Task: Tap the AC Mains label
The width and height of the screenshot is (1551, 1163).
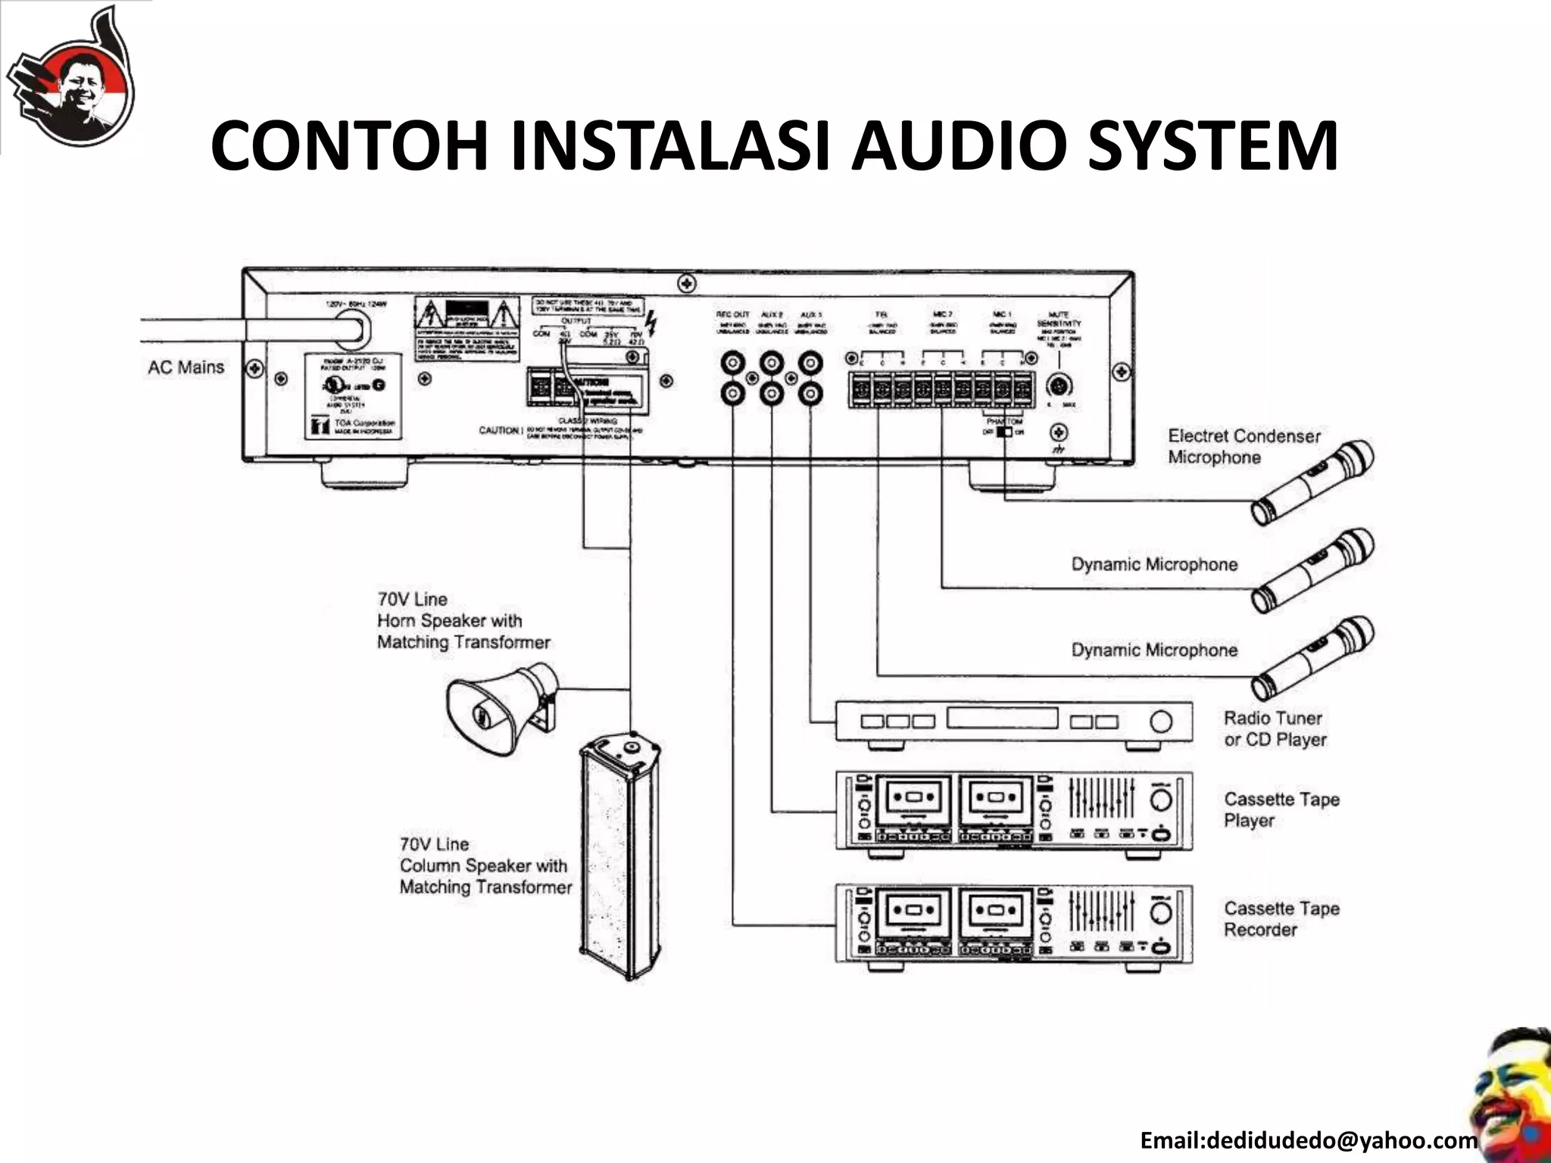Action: click(186, 368)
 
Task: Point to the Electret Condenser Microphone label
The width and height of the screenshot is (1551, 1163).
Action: click(1243, 447)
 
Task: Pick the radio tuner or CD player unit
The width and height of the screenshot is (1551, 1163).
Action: click(1013, 722)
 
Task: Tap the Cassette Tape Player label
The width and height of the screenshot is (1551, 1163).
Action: click(1281, 810)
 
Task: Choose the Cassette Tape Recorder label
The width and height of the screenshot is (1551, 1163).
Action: click(1281, 919)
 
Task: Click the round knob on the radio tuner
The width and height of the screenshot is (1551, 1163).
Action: click(1160, 721)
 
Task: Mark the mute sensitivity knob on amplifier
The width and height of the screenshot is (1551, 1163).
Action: click(1058, 386)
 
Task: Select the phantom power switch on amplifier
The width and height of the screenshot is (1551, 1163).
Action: click(1004, 432)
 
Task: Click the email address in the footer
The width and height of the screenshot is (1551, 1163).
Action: click(1308, 1140)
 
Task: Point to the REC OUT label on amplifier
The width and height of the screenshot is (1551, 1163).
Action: click(732, 314)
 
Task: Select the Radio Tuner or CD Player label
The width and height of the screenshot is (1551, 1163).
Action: click(1275, 728)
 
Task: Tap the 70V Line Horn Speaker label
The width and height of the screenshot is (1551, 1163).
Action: click(463, 621)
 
